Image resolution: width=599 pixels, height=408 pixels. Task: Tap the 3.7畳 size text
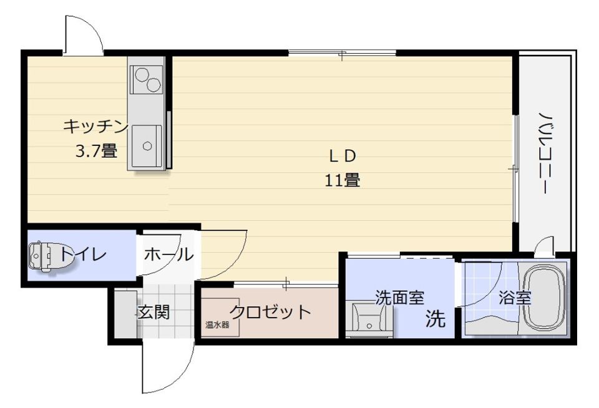pos(96,150)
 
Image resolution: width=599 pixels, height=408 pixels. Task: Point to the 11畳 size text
pos(342,181)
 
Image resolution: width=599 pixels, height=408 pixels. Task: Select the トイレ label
pos(84,255)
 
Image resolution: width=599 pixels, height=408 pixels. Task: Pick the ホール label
pos(167,255)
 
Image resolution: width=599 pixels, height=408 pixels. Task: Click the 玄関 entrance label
pos(153,312)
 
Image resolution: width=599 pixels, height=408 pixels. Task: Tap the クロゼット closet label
pos(270,311)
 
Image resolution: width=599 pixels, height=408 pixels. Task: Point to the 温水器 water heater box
pos(218,324)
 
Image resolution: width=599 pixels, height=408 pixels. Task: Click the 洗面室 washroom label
pos(399,298)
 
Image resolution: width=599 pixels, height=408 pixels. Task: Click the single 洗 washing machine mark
pos(436,319)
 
